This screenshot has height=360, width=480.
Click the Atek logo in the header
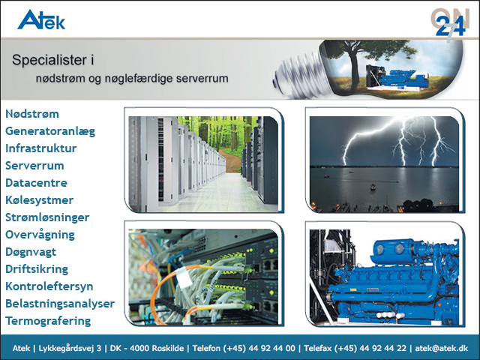click(x=41, y=19)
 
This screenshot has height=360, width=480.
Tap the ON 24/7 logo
click(x=450, y=24)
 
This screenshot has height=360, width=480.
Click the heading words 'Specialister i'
click(x=53, y=60)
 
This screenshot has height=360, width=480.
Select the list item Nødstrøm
click(x=32, y=114)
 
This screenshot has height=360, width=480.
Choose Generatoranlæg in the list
click(x=50, y=131)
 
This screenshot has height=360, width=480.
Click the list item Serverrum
click(x=35, y=166)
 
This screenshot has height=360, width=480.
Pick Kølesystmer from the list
click(x=40, y=200)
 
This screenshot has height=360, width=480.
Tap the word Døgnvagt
click(x=31, y=252)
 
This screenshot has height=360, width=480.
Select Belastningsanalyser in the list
click(x=60, y=304)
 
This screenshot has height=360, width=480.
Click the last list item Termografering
click(x=48, y=321)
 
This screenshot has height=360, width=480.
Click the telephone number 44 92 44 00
click(x=271, y=348)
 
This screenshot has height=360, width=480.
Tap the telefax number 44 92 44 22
click(x=383, y=348)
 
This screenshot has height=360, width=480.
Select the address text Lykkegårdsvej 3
click(x=70, y=348)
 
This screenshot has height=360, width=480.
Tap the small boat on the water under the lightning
click(x=373, y=187)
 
